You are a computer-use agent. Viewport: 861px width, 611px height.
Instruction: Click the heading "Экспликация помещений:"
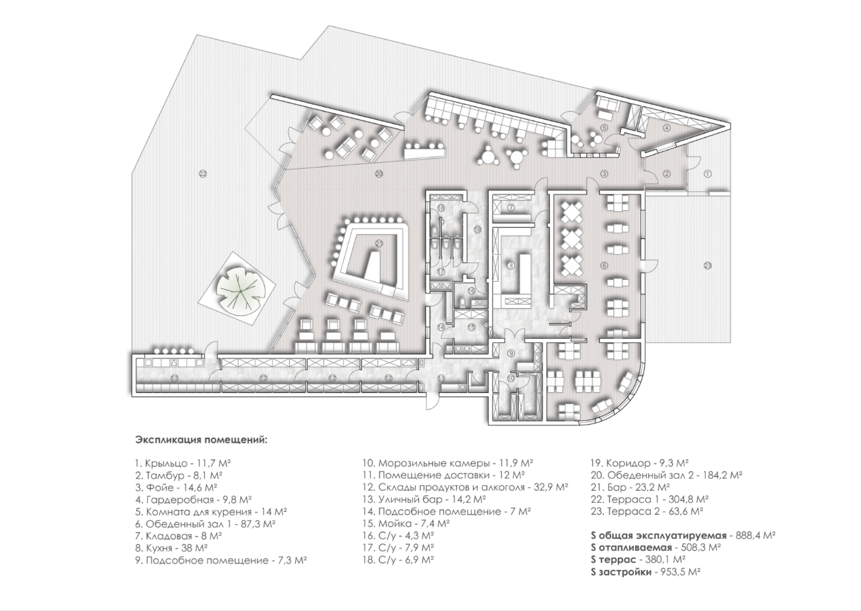tap(201, 440)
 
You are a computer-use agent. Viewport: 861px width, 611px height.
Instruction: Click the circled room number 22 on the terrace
tap(202, 174)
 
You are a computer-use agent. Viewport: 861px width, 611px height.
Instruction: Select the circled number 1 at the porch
tap(707, 174)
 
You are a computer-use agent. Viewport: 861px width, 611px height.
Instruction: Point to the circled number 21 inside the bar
tap(379, 244)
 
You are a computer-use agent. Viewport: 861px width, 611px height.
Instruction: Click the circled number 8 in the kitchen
tap(511, 265)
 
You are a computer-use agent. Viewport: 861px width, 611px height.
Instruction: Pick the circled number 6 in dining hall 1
tap(604, 265)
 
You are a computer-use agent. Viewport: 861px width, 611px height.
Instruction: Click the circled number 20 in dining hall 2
tap(379, 174)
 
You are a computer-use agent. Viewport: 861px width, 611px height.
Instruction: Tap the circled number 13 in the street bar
tap(174, 379)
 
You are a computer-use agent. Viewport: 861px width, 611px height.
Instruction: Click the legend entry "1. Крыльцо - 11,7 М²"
tap(183, 463)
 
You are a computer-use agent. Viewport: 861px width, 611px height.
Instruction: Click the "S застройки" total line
tap(645, 572)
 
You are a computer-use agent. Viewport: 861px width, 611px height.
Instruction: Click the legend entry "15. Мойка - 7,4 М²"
tap(406, 524)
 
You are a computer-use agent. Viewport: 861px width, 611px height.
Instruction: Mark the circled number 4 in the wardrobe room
tap(666, 128)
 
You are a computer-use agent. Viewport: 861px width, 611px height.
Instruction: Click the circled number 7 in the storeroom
tap(511, 208)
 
